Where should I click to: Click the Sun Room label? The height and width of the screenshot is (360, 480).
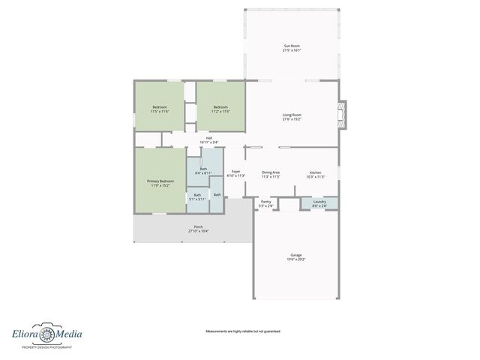292,46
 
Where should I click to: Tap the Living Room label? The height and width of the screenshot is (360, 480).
292,114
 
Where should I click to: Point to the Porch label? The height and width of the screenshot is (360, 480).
198,227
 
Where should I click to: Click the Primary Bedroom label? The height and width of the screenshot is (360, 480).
160,181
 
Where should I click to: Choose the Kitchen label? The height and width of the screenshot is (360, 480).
315,172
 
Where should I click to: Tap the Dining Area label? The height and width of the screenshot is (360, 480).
271,172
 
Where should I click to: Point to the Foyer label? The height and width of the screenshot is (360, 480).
235,172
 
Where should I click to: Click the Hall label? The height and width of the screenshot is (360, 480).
209,137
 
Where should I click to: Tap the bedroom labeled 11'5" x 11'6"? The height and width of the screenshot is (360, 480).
160,107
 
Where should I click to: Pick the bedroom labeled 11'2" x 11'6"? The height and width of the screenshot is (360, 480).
220,107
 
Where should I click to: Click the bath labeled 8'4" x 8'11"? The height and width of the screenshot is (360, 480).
203,169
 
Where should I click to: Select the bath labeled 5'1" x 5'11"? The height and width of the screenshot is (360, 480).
197,195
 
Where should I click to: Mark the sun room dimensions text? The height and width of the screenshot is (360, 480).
292,50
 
